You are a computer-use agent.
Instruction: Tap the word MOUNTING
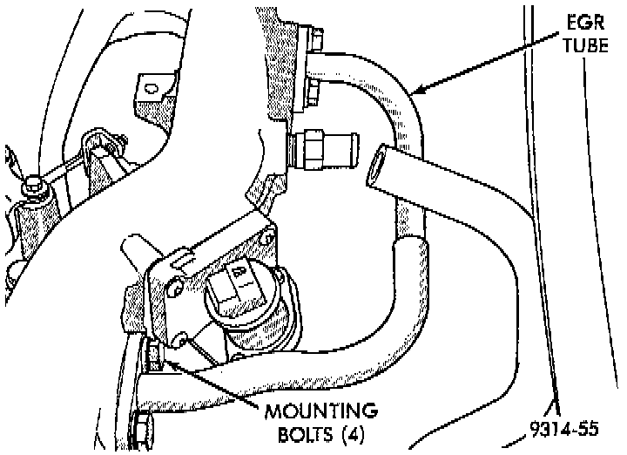tap(321, 410)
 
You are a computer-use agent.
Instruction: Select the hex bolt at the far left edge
tap(32, 186)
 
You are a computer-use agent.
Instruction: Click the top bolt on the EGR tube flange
tap(316, 38)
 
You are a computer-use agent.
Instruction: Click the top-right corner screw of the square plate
tap(269, 234)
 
